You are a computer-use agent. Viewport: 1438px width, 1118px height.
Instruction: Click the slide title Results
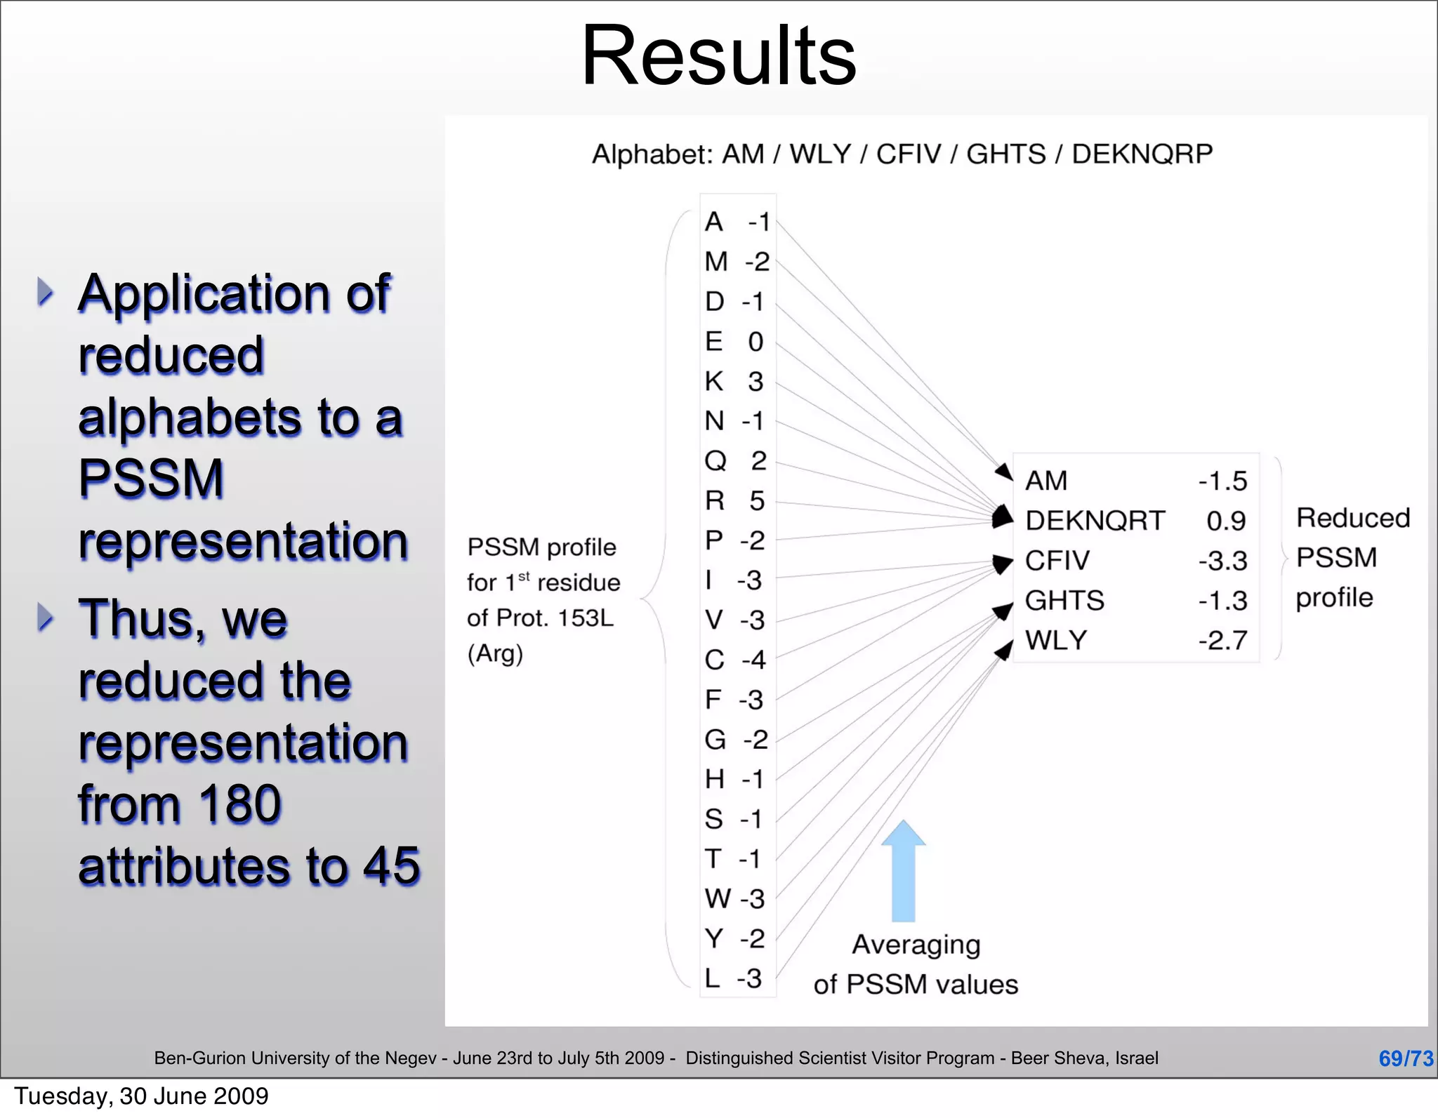(719, 56)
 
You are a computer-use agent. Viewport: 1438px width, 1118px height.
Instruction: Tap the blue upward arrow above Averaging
(903, 870)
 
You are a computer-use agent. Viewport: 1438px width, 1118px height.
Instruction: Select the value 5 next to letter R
(756, 501)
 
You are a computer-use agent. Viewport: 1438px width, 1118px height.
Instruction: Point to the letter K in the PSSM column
(714, 382)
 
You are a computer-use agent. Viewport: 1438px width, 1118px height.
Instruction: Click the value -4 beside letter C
(753, 660)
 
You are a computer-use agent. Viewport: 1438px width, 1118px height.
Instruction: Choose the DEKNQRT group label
(1095, 521)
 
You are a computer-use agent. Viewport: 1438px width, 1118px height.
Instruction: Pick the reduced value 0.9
(1226, 521)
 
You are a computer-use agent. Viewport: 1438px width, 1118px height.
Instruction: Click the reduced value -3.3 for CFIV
(1222, 561)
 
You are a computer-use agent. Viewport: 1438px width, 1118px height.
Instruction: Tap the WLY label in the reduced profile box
(1056, 640)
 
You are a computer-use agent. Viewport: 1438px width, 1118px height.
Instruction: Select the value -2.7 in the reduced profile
(1222, 640)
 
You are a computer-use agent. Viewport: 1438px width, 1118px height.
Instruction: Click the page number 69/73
(1406, 1058)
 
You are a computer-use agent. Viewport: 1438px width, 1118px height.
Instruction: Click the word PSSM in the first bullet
(151, 479)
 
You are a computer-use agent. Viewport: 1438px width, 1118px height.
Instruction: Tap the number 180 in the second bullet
(239, 804)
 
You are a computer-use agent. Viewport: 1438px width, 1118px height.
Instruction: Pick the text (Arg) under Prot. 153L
(495, 654)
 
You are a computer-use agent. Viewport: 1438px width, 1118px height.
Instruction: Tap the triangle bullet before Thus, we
(46, 618)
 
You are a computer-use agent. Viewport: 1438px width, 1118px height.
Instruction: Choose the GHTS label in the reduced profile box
(1064, 601)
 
